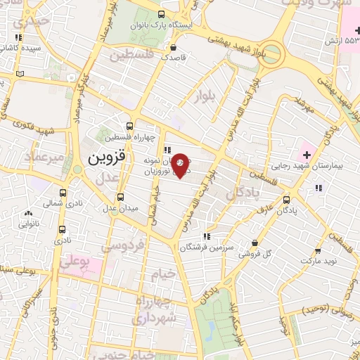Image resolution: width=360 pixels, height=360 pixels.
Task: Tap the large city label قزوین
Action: point(107,159)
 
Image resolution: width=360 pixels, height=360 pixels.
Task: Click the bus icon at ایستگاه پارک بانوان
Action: point(162,14)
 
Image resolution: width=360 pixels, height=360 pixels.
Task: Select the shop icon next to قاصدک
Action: point(174,48)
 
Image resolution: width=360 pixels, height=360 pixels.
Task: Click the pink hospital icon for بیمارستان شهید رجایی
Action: point(307,154)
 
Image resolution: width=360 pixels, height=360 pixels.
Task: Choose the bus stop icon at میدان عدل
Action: point(120,196)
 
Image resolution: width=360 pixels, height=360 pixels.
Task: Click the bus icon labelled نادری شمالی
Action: point(63,192)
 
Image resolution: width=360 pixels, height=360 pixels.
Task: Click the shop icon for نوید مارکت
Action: point(318,250)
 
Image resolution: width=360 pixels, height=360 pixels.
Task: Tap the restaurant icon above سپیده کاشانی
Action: point(18,37)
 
